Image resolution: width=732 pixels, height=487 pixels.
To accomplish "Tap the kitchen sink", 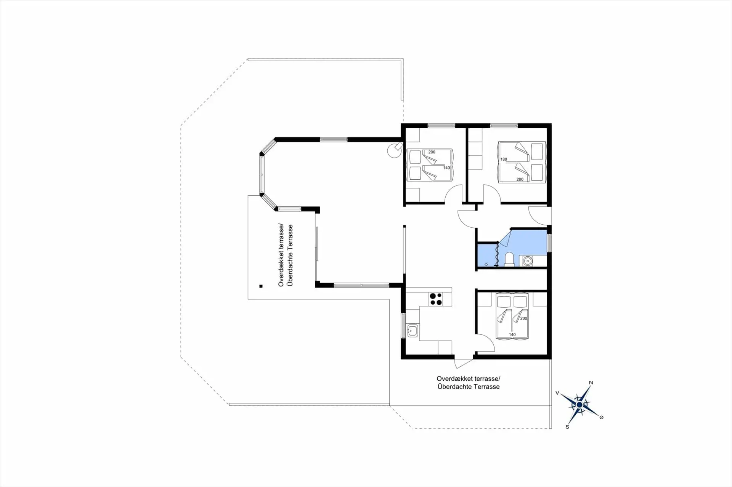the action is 413,331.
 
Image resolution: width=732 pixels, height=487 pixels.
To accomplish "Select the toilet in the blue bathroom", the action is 509,259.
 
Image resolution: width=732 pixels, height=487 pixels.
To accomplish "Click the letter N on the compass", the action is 591,383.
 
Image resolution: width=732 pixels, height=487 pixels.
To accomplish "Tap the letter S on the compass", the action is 567,427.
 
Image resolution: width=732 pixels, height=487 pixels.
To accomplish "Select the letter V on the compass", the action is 557,393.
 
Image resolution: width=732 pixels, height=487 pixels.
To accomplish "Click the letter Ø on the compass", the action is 601,417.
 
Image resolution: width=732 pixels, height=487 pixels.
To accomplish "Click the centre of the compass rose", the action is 579,404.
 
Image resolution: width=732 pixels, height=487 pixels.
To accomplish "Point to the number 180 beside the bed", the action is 504,160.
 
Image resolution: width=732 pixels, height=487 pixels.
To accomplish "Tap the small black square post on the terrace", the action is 261,286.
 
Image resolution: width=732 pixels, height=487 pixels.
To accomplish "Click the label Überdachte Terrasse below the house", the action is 469,387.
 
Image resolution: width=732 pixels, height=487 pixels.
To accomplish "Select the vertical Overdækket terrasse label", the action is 281,255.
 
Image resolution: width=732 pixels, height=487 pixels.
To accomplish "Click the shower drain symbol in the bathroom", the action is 486,264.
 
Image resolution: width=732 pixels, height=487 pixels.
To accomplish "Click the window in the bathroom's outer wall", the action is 549,243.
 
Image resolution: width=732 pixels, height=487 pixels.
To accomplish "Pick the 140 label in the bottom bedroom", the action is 512,335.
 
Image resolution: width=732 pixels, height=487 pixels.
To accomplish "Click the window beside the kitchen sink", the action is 403,326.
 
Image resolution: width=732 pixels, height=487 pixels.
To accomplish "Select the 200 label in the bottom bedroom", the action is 523,318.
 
